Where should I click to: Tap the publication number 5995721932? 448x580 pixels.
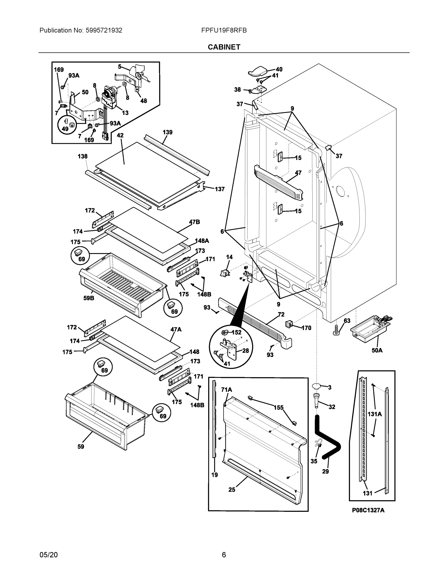pos(104,30)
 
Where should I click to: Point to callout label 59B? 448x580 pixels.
pos(89,298)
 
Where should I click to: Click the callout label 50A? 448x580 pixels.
pos(377,350)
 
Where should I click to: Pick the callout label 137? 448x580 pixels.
pos(220,189)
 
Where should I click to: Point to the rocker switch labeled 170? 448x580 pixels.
pos(289,324)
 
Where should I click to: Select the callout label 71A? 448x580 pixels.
pos(226,390)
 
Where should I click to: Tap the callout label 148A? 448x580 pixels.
pos(202,241)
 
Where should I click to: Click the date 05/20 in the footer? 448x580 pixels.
pos(49,555)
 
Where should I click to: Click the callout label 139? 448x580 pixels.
pos(167,132)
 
